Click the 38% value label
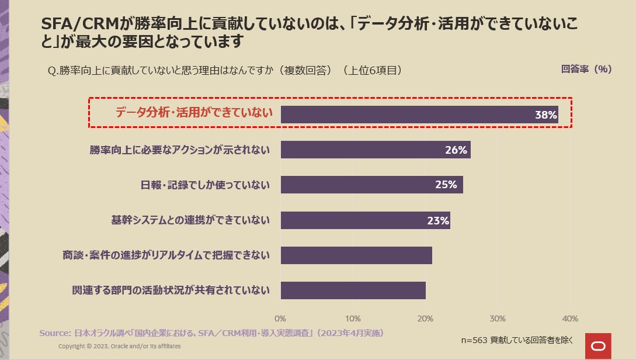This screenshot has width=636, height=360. (x=545, y=115)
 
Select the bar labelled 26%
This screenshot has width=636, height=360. (x=376, y=150)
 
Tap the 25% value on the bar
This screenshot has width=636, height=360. (x=446, y=185)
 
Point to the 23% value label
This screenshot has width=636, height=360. (x=438, y=220)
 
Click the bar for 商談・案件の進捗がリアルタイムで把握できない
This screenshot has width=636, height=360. (x=356, y=255)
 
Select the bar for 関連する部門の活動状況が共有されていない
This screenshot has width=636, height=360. (x=353, y=290)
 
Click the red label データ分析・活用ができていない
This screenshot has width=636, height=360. (x=194, y=113)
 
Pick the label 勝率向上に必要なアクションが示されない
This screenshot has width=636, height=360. (x=180, y=150)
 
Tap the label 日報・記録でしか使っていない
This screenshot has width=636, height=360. (x=205, y=185)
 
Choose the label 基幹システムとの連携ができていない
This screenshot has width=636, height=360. (x=190, y=220)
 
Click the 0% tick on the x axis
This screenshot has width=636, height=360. (x=280, y=319)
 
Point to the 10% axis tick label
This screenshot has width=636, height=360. (x=353, y=319)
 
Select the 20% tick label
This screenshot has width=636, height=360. (x=425, y=319)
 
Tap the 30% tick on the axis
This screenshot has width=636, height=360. (x=497, y=319)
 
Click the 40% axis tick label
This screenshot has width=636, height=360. (x=569, y=319)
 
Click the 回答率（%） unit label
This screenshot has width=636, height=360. (x=586, y=69)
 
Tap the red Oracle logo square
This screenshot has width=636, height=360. (x=598, y=346)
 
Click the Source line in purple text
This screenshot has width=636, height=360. (x=211, y=333)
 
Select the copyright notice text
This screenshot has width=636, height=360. (x=119, y=347)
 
